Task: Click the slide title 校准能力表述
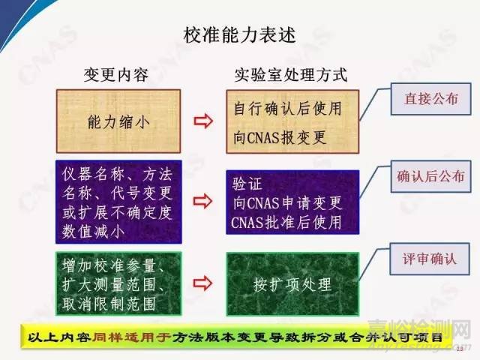click(239, 34)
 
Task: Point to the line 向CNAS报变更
click(280, 136)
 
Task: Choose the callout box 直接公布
click(424, 99)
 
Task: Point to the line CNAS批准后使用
click(287, 222)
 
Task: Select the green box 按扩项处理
click(292, 283)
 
